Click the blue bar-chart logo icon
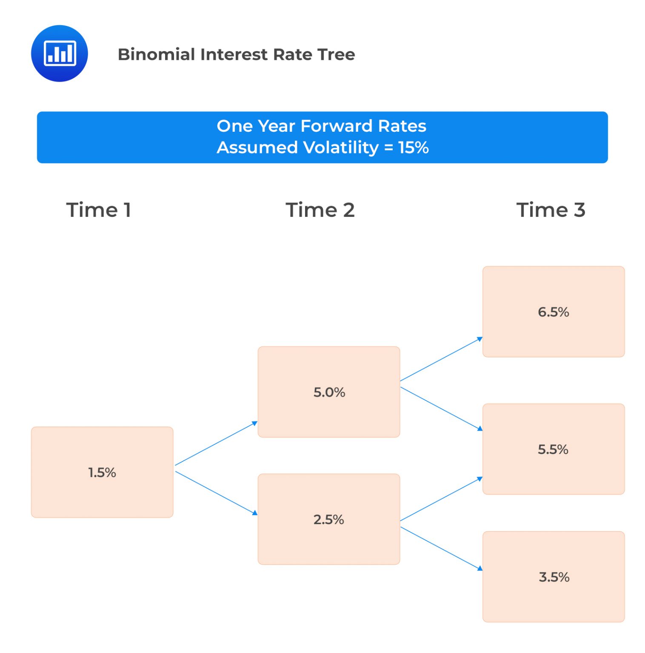60,54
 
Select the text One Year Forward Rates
321,126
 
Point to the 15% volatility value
414,148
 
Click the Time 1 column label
98,210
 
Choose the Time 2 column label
320,210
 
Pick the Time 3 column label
551,210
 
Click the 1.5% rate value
102,472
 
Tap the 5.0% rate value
329,392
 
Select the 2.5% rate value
329,519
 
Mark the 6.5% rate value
553,312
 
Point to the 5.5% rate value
553,449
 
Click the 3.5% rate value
554,577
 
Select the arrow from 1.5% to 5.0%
216,443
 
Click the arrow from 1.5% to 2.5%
216,493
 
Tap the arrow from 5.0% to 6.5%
441,359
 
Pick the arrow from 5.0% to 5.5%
441,409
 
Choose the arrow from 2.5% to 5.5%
441,499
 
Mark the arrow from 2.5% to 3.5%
441,548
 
